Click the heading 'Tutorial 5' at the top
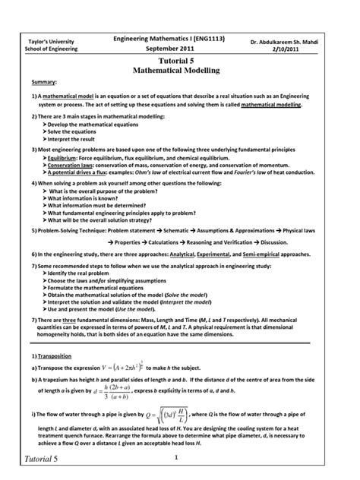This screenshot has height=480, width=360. click(176, 59)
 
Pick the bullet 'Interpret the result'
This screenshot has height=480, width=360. click(72, 139)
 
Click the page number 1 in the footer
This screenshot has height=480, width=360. click(175, 457)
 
